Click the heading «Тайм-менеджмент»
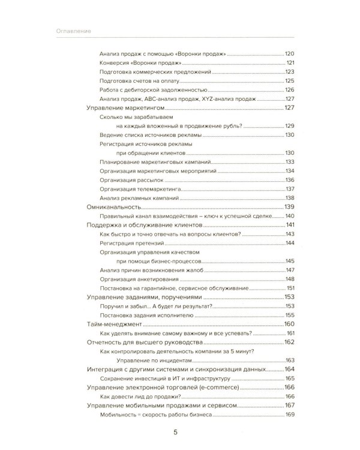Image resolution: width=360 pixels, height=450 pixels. pos(114,324)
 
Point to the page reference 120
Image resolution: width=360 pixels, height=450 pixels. pos(292,53)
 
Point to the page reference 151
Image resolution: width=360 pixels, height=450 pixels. pos(292,288)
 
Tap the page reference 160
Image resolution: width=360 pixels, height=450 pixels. pos(291,324)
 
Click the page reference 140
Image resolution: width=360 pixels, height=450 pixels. pos(292,215)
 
